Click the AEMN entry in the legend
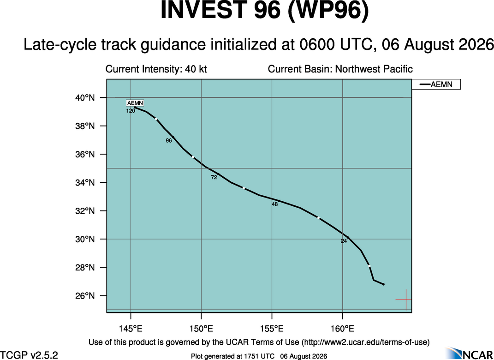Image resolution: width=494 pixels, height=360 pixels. pyautogui.click(x=436, y=84)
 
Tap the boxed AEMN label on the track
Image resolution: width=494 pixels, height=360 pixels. pyautogui.click(x=135, y=103)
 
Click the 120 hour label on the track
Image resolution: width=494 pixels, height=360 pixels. pyautogui.click(x=131, y=111)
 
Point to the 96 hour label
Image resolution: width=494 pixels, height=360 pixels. pyautogui.click(x=169, y=141)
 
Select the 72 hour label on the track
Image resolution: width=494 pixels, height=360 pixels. pyautogui.click(x=214, y=178)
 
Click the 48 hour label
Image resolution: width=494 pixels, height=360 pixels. pyautogui.click(x=275, y=204)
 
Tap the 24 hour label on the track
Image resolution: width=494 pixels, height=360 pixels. pyautogui.click(x=344, y=241)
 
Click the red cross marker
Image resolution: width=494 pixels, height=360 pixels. pyautogui.click(x=406, y=300)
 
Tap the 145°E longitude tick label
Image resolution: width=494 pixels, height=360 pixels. pyautogui.click(x=131, y=329)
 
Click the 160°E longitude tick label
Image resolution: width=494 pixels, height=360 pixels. pyautogui.click(x=342, y=329)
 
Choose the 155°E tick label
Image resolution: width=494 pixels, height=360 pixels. pyautogui.click(x=272, y=329)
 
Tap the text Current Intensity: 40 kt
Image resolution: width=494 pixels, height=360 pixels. pyautogui.click(x=156, y=69)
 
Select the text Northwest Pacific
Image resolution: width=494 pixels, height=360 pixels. pyautogui.click(x=374, y=69)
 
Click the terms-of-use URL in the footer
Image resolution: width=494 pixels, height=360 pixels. pyautogui.click(x=365, y=342)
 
